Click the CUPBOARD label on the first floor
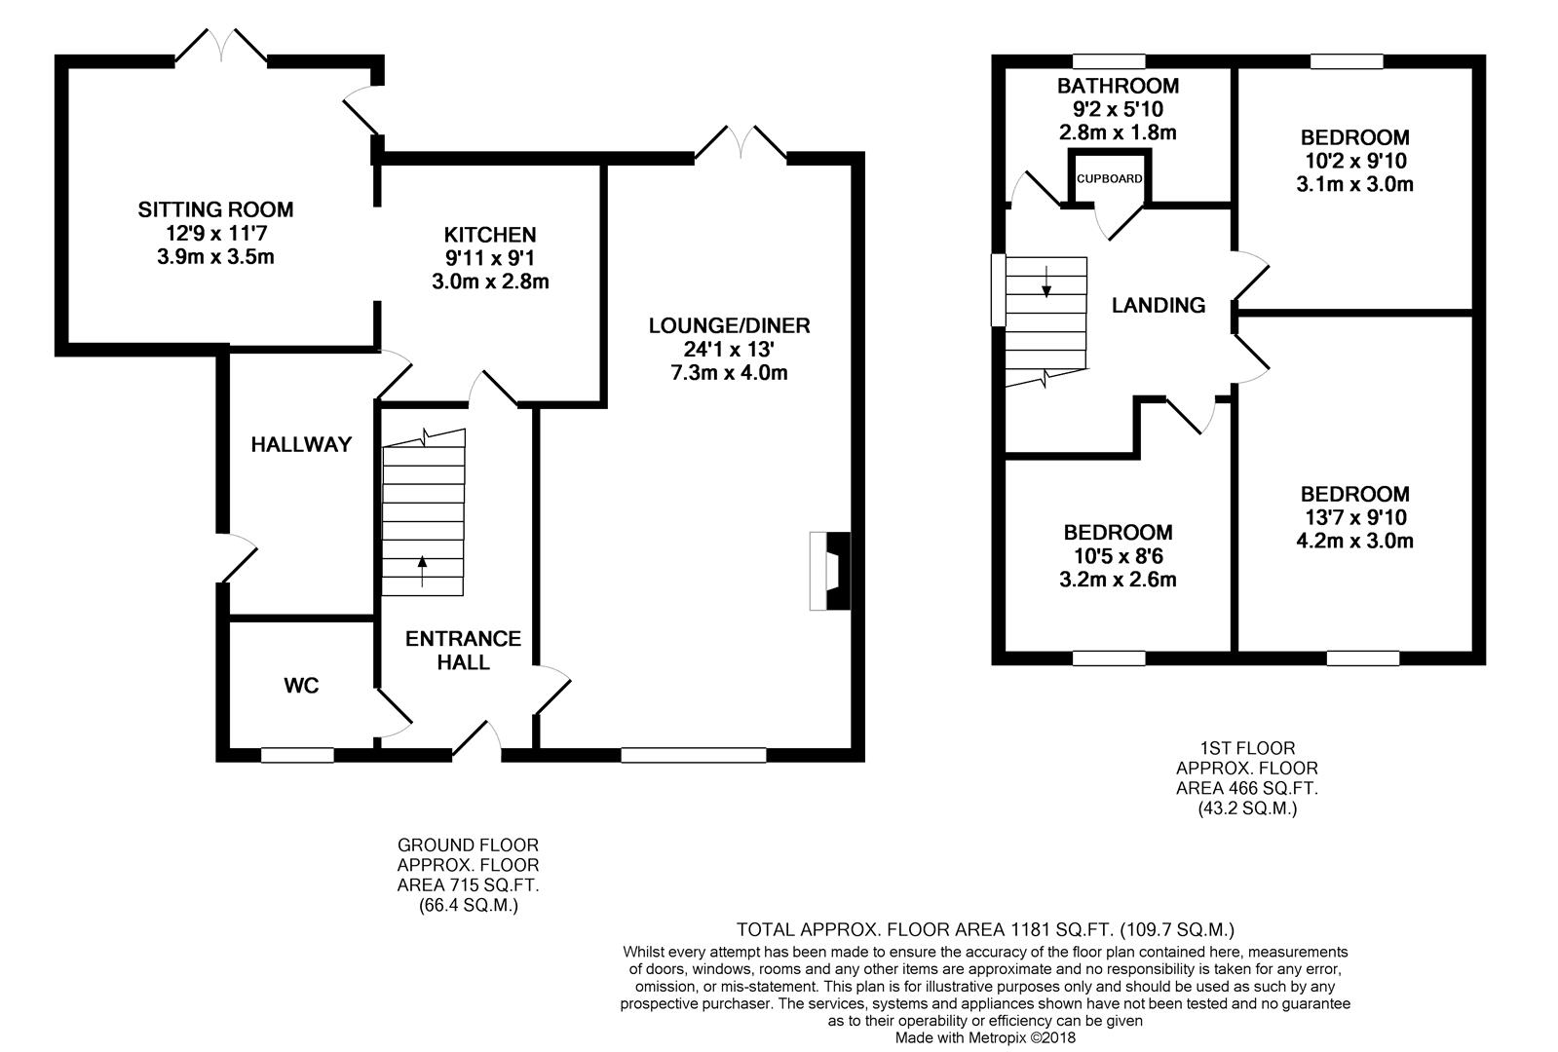pos(1109,178)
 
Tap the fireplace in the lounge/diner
pos(830,571)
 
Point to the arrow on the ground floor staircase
pos(422,571)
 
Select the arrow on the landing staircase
pos(1046,281)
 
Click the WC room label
pos(301,686)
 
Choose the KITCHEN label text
pos(490,235)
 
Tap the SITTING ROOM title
pos(215,209)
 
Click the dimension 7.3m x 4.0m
pos(729,373)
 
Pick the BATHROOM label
pos(1118,86)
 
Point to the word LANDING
pos(1159,305)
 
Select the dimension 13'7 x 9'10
pos(1354,517)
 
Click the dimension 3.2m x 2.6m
pos(1118,580)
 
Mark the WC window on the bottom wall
pos(298,755)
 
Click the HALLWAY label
pos(301,444)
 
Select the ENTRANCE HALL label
pos(463,650)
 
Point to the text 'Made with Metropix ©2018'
pos(985,1038)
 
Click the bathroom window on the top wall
pos(1109,61)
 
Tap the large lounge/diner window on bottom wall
pos(694,755)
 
